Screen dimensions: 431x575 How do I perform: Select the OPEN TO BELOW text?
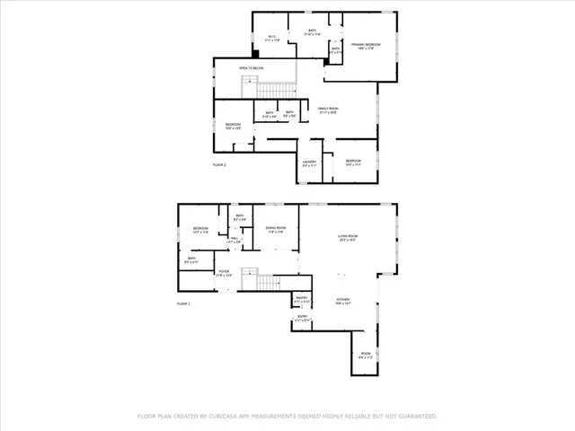[x=251, y=67]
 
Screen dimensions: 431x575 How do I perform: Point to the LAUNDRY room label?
[x=309, y=163]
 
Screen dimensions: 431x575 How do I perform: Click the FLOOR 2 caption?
[x=219, y=165]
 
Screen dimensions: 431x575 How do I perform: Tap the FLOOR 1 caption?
[x=184, y=304]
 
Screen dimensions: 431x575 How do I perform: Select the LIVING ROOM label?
[x=348, y=237]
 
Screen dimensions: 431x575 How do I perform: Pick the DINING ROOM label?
[x=275, y=229]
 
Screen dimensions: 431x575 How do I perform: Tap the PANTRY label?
[x=302, y=299]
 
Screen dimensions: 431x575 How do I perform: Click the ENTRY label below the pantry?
[x=302, y=317]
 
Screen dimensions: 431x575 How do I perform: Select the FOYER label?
[x=224, y=273]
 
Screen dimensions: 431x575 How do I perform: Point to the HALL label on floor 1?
[x=234, y=241]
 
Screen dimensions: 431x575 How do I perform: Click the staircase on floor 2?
[x=277, y=88]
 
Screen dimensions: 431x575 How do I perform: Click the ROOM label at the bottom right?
[x=367, y=355]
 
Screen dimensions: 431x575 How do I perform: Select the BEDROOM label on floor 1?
[x=200, y=230]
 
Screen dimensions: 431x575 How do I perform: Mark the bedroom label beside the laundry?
[x=353, y=163]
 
